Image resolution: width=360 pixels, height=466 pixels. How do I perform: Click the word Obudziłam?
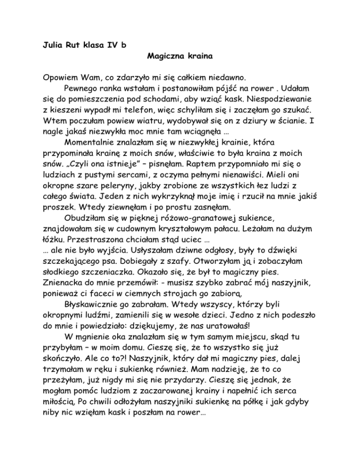click(x=85, y=244)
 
